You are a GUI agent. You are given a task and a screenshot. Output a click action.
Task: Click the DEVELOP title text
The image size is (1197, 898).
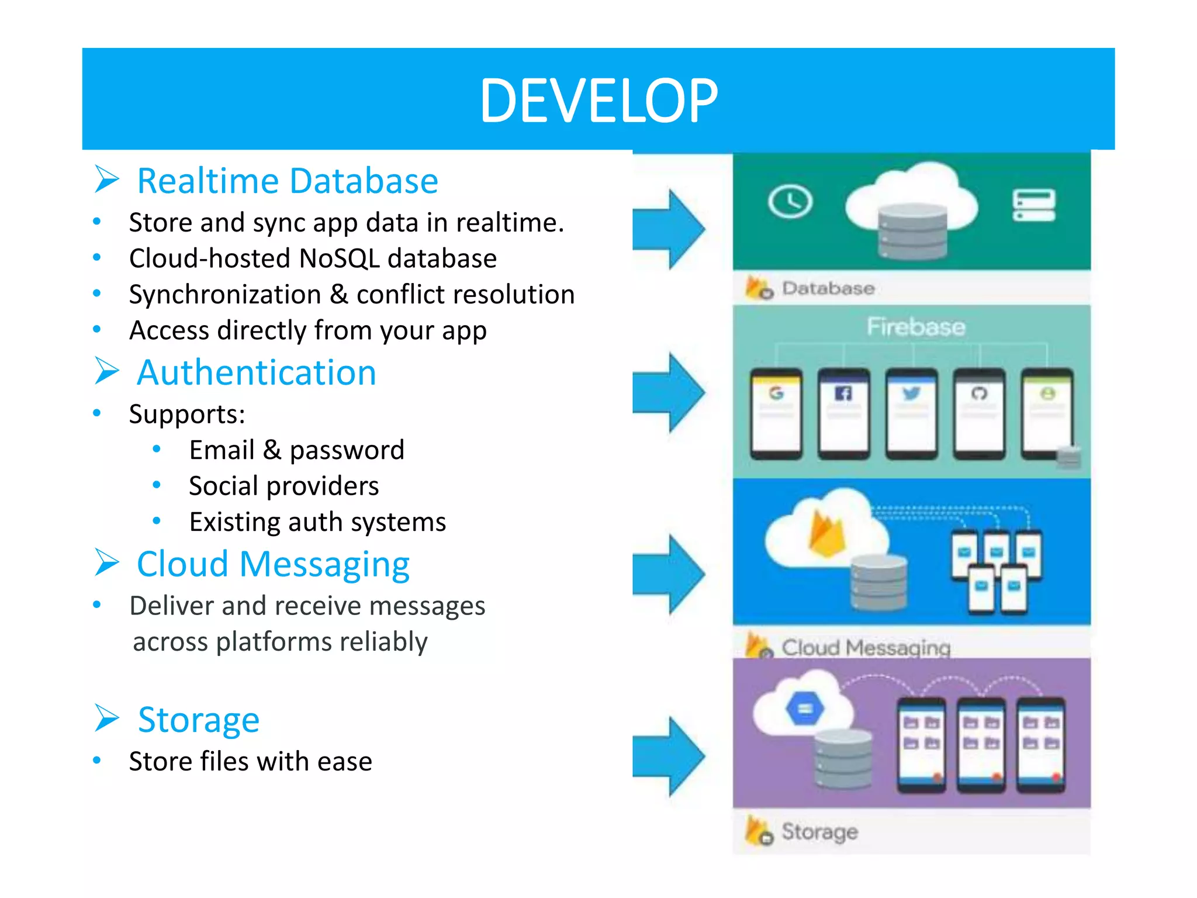point(598,101)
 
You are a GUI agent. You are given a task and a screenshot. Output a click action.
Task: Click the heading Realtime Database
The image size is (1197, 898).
point(287,181)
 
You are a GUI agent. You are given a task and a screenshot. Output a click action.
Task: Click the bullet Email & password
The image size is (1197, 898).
point(296,450)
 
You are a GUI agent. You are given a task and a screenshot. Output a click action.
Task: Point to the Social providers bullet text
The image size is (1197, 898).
point(283,486)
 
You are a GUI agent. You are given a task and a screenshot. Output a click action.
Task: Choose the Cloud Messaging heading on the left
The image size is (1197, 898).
point(273,564)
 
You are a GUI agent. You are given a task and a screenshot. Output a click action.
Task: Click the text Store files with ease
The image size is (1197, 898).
point(250,761)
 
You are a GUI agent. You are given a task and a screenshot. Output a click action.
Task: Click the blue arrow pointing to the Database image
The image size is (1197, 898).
point(669,229)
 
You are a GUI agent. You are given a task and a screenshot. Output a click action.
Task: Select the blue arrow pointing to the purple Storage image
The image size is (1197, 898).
point(669,757)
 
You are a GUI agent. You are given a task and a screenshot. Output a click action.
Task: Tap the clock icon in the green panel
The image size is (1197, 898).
point(790,202)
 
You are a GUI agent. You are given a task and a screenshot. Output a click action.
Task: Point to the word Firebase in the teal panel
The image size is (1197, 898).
point(915,327)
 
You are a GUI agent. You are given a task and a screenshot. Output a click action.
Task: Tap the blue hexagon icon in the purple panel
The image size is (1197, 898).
point(805,709)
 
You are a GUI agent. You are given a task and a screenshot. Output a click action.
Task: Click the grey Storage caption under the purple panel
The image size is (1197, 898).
point(819,831)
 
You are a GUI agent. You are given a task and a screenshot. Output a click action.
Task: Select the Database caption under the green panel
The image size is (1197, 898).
point(828,288)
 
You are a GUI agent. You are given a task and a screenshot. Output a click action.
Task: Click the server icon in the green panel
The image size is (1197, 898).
point(1033,205)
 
